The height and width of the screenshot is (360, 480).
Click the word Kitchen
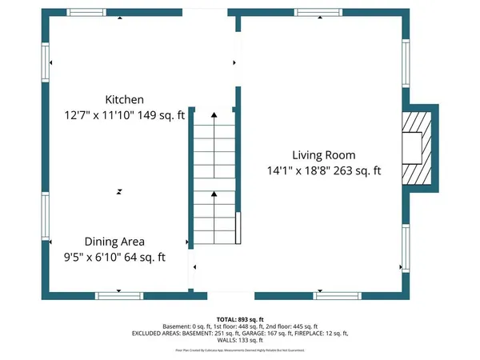tap(124, 100)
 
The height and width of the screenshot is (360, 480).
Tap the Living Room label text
tap(323, 155)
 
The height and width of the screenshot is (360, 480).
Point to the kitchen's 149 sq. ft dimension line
tap(124, 115)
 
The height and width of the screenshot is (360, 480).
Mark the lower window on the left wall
tap(46, 219)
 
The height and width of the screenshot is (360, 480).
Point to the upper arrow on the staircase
tap(214, 117)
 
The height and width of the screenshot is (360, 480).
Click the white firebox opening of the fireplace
tap(411, 147)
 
